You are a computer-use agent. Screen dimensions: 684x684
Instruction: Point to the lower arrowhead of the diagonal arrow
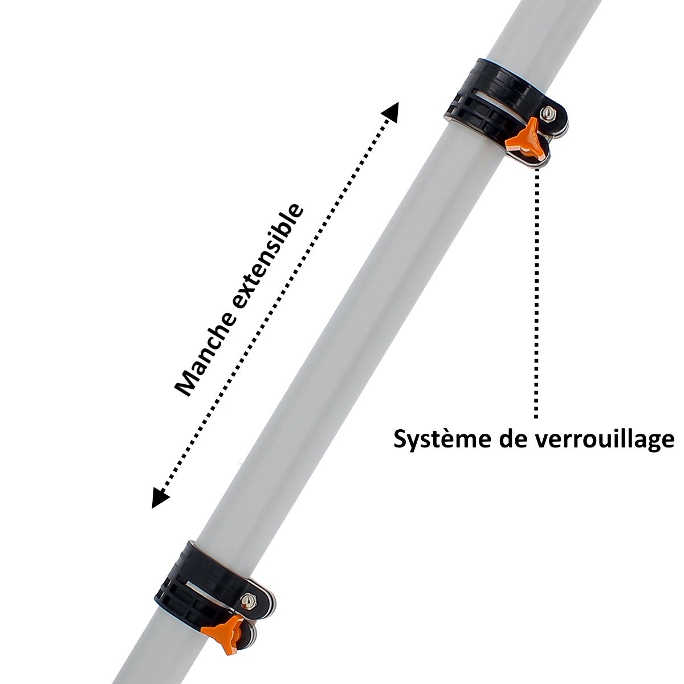pos(160,497)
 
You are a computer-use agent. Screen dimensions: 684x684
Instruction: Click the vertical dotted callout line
pos(537,294)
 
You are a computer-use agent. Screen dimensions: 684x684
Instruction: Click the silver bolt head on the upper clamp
pos(546,114)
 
